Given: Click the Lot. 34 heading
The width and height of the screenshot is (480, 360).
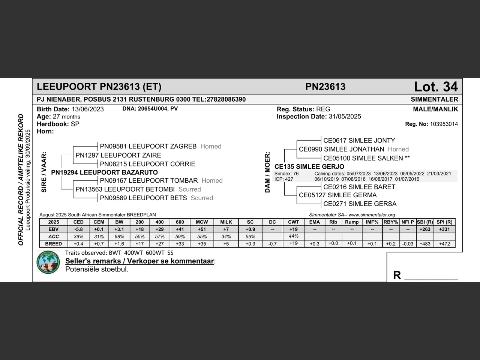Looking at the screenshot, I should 436,87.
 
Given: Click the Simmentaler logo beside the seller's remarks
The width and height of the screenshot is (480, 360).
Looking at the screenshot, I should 48,262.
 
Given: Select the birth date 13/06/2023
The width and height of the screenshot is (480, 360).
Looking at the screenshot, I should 88,109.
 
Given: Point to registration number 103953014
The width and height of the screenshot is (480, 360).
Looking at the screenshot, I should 444,124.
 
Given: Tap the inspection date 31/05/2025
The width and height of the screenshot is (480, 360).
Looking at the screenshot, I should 345,117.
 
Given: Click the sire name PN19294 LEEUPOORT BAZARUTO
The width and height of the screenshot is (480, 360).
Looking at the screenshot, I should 104,172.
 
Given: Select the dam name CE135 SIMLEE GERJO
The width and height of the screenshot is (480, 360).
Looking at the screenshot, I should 309,166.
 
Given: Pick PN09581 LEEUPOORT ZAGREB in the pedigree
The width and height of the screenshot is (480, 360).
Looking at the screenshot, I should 148,146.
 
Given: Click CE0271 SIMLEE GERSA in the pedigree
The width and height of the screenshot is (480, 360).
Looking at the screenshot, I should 360,204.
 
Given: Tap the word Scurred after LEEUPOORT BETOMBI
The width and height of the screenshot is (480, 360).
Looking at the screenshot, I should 190,189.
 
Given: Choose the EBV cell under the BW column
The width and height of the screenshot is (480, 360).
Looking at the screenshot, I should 119,229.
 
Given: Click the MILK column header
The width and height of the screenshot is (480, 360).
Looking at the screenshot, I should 226,222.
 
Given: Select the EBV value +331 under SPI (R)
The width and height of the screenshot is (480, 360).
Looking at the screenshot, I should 444,229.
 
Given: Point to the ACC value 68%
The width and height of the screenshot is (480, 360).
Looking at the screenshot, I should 119,237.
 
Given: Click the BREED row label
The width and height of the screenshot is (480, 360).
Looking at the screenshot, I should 53,244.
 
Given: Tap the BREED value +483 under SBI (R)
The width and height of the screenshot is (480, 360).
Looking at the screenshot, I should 425,244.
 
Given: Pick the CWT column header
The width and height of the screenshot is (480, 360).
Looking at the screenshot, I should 294,222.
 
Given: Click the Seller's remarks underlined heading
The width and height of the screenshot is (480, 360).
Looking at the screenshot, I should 139,261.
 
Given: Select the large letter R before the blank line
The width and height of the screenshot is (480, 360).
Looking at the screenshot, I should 397,275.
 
